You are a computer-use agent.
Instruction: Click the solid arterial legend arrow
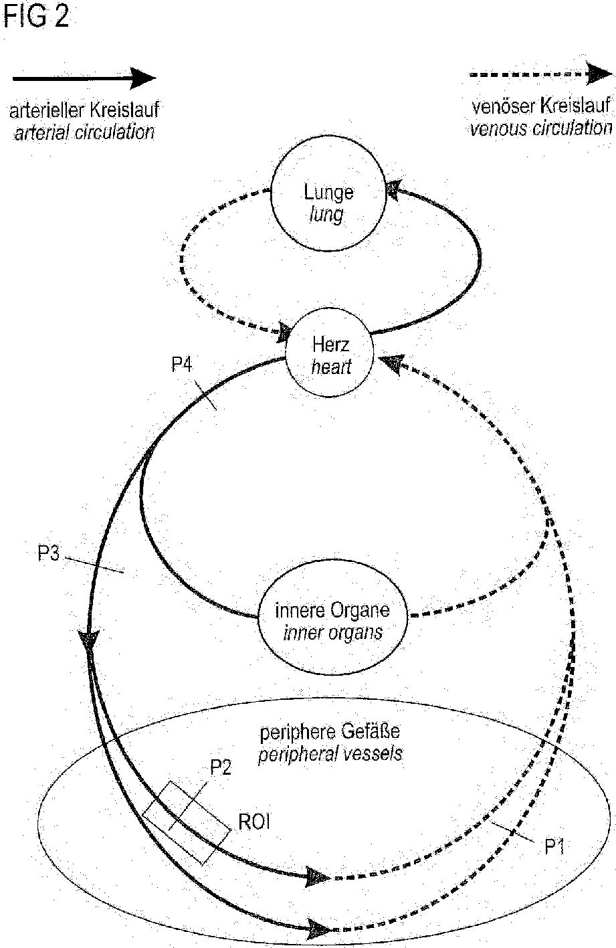coord(84,78)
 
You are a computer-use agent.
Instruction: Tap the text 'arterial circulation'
coord(84,131)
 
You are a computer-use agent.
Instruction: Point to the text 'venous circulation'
coord(541,128)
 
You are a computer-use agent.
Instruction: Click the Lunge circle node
coord(328,203)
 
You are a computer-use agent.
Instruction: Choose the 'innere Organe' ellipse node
coord(332,621)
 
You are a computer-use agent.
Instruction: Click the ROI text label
coord(254,822)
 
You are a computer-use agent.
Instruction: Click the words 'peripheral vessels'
coord(330,754)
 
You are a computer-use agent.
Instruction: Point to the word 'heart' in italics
coord(331,367)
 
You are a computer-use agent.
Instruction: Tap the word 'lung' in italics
coord(328,215)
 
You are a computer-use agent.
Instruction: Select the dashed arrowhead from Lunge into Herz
coord(286,331)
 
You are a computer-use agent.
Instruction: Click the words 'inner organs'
coord(332,632)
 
